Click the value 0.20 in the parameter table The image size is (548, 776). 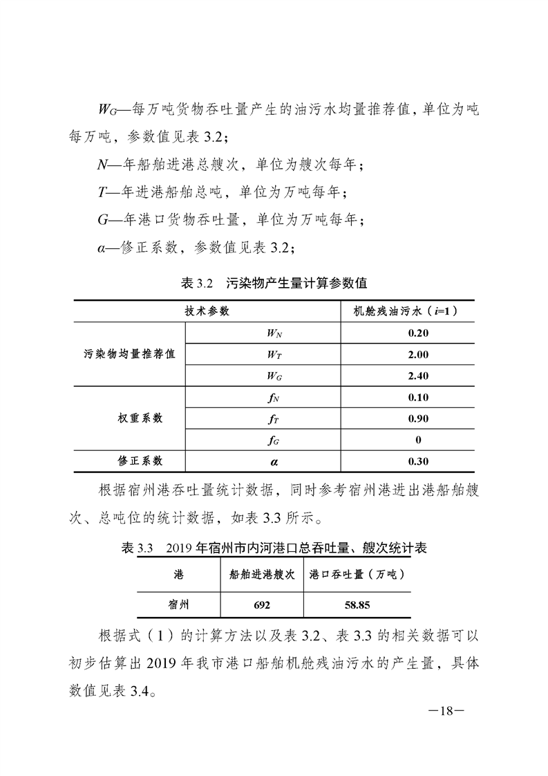point(419,333)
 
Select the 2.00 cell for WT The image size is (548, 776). point(419,355)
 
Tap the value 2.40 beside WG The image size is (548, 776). point(419,376)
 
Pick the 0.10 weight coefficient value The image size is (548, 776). point(419,397)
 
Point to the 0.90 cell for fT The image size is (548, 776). point(419,418)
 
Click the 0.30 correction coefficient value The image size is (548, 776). point(419,461)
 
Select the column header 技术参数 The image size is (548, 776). point(207,311)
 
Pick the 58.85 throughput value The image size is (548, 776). point(357,604)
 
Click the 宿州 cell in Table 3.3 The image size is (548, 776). point(179,604)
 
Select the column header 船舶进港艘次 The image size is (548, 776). point(262,574)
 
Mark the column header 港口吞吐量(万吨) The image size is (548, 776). point(357,574)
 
